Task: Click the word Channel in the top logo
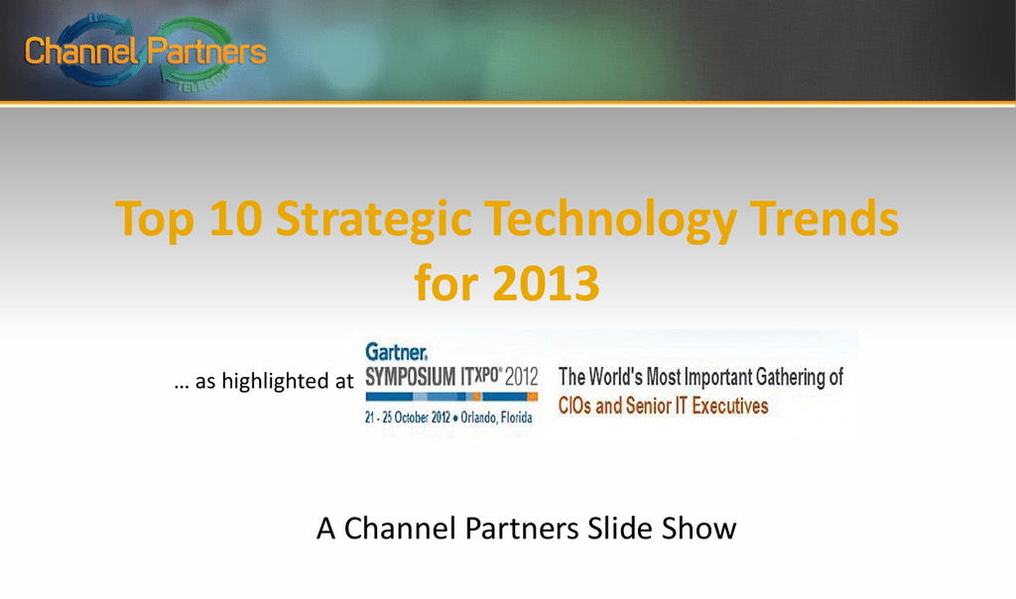coord(81,51)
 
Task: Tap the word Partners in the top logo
coord(206,51)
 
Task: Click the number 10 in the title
coord(236,219)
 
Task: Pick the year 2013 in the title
coord(546,283)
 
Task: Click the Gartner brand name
coord(396,352)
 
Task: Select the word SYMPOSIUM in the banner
coord(410,376)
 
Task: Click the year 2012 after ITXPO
coord(522,376)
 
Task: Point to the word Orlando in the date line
coord(478,418)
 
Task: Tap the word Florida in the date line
coord(516,418)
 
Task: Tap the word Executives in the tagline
coord(729,406)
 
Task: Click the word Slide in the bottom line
coord(619,529)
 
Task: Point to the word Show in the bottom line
coord(698,529)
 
